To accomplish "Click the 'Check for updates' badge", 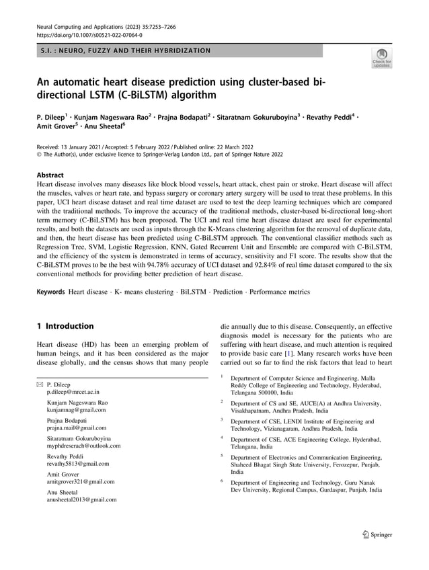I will click(381, 58).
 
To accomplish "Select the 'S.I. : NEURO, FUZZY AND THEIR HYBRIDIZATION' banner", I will click(124, 50).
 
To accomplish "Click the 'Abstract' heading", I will click(51, 174).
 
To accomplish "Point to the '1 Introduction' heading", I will click(65, 326).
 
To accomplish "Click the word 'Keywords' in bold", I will click(50, 292).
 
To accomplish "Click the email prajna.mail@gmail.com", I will click(77, 427).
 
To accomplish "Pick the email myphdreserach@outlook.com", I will click(83, 445).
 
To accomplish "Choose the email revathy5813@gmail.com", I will click(77, 463).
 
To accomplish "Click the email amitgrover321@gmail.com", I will click(81, 481).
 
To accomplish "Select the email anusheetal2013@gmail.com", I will click(81, 499).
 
